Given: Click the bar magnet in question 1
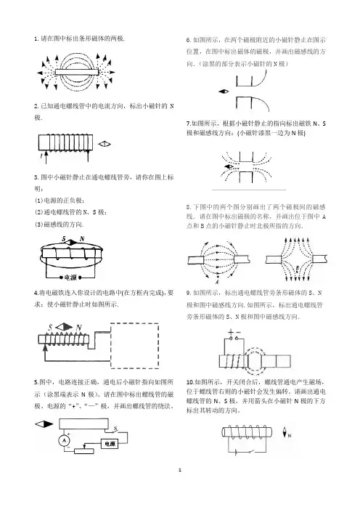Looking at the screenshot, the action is point(77,72).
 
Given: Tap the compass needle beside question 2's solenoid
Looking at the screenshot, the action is point(105,144).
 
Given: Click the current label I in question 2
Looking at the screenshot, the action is point(41,156).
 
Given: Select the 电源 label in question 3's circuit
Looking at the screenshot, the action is point(70,278).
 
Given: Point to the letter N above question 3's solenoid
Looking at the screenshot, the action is point(82,239).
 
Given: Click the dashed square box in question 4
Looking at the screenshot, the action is point(134,345).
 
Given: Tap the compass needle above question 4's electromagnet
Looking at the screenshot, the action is point(64,327).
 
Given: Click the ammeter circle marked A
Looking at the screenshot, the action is point(64,440).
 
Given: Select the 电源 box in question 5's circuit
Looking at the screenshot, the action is point(110,444).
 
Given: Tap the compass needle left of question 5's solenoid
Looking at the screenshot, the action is point(44,424).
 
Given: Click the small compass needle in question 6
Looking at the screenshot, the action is point(224,92).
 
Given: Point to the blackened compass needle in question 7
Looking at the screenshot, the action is point(229,167).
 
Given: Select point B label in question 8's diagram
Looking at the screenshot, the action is point(298,268).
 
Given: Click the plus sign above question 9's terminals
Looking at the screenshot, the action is point(231,332).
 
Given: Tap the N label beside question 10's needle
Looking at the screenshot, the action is point(290,435).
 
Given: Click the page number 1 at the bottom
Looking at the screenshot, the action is point(180,470).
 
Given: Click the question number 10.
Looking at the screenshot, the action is point(189,382).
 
